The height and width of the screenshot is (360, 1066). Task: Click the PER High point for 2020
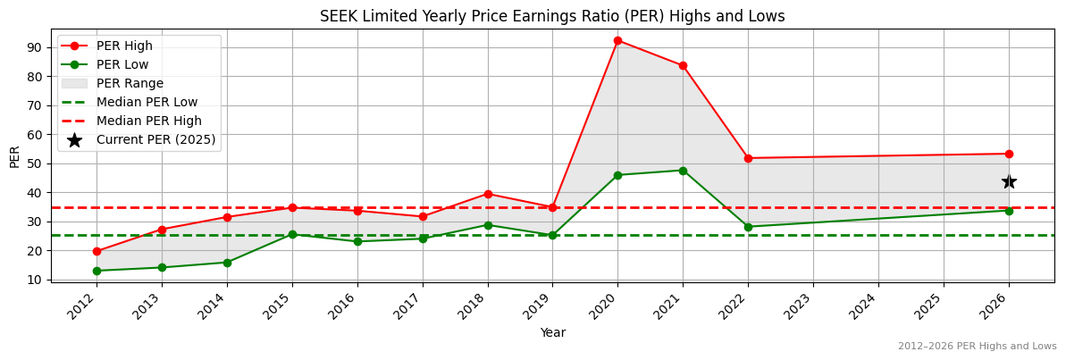pyautogui.click(x=617, y=40)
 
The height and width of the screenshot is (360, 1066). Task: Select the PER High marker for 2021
pyautogui.click(x=683, y=65)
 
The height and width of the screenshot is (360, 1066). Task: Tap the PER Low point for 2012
pyautogui.click(x=97, y=271)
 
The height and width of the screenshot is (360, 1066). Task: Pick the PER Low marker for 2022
pyautogui.click(x=748, y=227)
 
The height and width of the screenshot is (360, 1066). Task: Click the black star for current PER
pyautogui.click(x=1009, y=181)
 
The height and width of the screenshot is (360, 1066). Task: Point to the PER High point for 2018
pyautogui.click(x=487, y=194)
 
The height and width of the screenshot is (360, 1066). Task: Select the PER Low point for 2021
pyautogui.click(x=683, y=171)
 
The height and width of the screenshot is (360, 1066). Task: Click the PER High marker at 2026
pyautogui.click(x=1009, y=154)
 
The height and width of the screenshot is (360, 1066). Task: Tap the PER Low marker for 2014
pyautogui.click(x=227, y=263)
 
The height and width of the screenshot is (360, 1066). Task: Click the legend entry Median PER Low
pyautogui.click(x=147, y=102)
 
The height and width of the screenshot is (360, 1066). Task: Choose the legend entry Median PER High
pyautogui.click(x=148, y=121)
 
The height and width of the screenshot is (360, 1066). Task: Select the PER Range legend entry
pyautogui.click(x=130, y=83)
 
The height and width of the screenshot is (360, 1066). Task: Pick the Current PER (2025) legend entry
pyautogui.click(x=155, y=139)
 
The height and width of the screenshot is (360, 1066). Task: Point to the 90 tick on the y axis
pyautogui.click(x=38, y=47)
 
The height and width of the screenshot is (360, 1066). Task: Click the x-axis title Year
pyautogui.click(x=552, y=332)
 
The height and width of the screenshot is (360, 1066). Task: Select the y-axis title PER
pyautogui.click(x=14, y=156)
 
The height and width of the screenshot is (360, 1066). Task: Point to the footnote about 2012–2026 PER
pyautogui.click(x=977, y=346)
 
